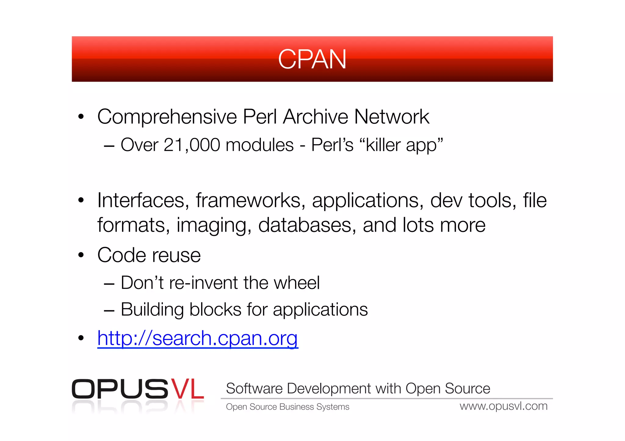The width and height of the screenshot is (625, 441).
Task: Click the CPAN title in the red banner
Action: (312, 59)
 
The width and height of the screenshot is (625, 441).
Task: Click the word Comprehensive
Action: (167, 117)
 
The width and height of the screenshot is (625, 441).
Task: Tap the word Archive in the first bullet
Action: (316, 117)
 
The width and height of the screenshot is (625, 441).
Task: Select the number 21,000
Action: (192, 145)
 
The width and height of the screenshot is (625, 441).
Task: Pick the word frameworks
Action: (251, 201)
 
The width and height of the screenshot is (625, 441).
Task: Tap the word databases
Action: (307, 225)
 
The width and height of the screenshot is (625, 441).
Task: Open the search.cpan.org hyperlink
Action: (198, 338)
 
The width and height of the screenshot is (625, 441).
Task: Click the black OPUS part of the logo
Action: (120, 389)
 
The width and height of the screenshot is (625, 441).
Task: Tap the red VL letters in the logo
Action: (187, 389)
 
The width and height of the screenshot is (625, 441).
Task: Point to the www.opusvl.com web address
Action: (504, 406)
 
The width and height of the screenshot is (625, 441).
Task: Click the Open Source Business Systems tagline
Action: (287, 407)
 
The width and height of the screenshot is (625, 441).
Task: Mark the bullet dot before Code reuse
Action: (81, 255)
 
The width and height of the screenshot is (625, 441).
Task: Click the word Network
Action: (392, 117)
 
